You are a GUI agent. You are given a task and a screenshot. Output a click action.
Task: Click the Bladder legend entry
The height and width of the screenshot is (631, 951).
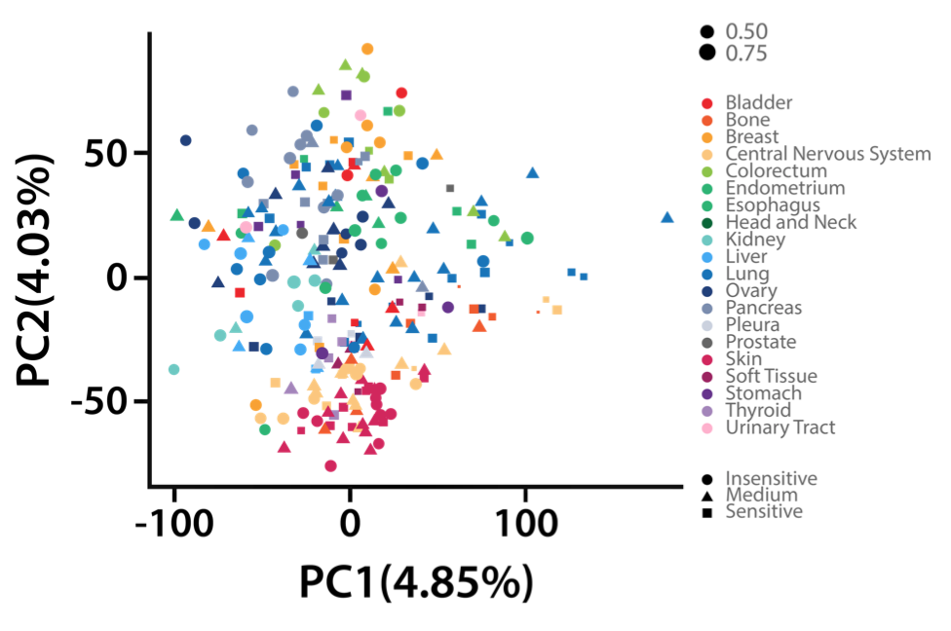[x=759, y=102]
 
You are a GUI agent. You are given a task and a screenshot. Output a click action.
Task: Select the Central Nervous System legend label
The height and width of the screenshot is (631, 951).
[x=828, y=154]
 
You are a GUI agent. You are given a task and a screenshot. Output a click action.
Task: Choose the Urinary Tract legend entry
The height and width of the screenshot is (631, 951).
[x=780, y=427]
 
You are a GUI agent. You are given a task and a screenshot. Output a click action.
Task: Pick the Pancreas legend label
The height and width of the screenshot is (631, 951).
[x=764, y=308]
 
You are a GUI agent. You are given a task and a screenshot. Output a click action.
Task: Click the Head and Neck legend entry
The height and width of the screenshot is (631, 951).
[x=791, y=222]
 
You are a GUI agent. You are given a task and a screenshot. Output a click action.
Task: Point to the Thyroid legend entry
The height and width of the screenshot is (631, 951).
[x=758, y=410]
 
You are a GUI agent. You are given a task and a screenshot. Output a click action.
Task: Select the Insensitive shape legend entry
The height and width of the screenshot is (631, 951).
[x=771, y=478]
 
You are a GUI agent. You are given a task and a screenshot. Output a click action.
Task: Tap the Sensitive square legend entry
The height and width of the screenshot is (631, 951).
[x=764, y=511]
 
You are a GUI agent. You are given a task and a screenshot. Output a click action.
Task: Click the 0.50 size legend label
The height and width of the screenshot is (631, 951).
[x=746, y=32]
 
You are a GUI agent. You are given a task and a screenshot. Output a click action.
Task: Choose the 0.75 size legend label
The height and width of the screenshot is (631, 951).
[x=746, y=53]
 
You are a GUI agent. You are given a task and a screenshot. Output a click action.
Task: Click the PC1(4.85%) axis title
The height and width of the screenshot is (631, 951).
[x=417, y=582]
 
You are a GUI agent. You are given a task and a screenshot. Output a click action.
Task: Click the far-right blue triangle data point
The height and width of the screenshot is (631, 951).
[x=667, y=218]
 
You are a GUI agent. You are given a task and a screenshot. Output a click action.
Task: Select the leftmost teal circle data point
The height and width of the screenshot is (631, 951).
[x=173, y=369]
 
